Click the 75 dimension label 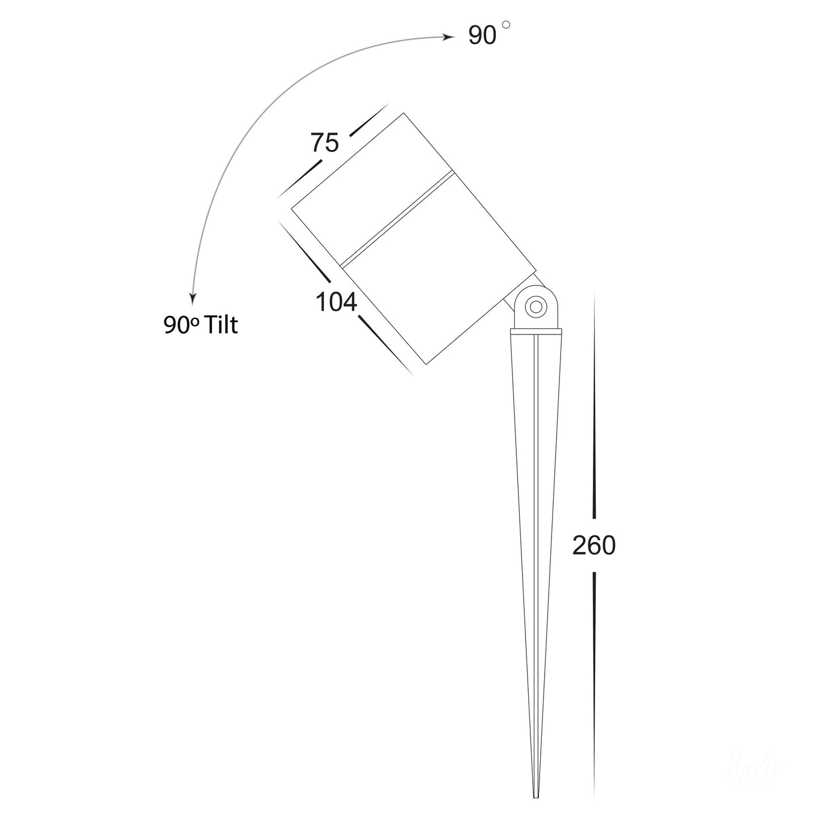[x=324, y=142]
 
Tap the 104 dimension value [x=336, y=303]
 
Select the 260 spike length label [x=593, y=546]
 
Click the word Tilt [x=222, y=325]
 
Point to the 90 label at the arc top [x=482, y=36]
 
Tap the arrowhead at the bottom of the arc [x=193, y=297]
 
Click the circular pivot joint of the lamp [x=534, y=308]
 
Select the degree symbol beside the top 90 [x=506, y=25]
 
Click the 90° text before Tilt [x=181, y=325]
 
